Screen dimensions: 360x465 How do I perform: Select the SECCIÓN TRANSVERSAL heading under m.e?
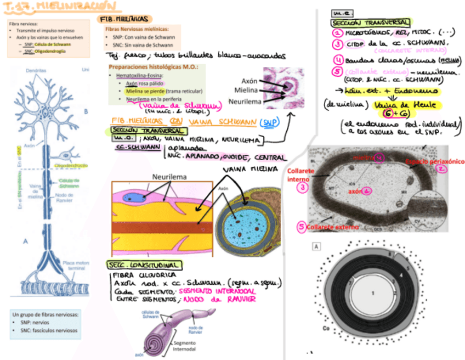coord(371,23)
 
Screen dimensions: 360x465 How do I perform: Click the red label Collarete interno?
coord(301,175)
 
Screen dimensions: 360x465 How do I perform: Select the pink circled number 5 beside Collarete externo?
coord(301,226)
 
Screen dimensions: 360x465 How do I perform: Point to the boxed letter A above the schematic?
coord(316,247)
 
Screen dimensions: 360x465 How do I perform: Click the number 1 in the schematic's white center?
coord(372,293)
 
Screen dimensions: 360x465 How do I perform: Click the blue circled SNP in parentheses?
coord(268,122)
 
